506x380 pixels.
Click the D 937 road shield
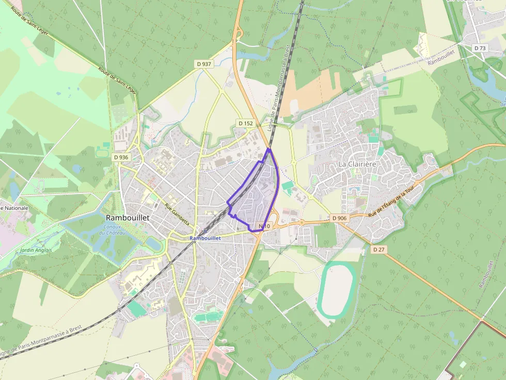pos(204,64)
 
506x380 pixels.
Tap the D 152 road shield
pos(246,123)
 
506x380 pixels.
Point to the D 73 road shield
pos(480,48)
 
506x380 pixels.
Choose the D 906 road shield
pos(339,218)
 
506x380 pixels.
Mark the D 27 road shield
pos(379,249)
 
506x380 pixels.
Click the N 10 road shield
pos(264,226)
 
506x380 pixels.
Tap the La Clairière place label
pos(357,163)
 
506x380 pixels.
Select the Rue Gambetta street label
pos(177,214)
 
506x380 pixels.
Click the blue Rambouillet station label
pos(205,238)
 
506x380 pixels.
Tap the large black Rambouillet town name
pos(128,218)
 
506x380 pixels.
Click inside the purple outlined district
pos(256,199)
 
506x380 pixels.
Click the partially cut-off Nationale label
pos(14,208)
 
